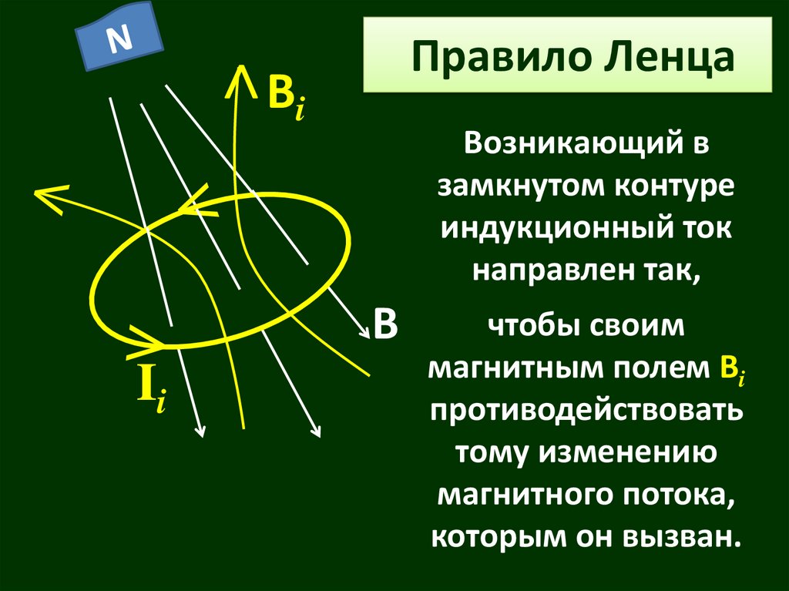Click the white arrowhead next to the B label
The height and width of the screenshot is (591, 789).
363,332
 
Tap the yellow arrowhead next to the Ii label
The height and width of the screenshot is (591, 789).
151,339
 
